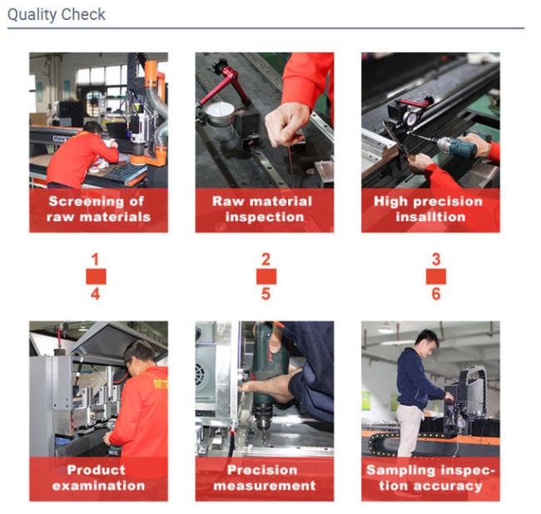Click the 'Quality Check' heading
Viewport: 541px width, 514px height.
click(57, 15)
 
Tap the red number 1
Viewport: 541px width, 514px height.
click(95, 259)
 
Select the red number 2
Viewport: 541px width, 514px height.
click(266, 259)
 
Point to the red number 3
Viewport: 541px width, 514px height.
click(436, 259)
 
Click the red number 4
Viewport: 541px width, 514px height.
click(96, 294)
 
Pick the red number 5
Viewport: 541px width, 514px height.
click(266, 294)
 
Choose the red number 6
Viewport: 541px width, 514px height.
click(436, 294)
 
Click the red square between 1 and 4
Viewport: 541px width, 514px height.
click(96, 276)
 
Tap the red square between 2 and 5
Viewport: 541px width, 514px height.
click(266, 276)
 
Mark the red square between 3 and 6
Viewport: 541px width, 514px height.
click(436, 276)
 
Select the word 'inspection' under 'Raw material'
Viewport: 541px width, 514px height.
click(265, 217)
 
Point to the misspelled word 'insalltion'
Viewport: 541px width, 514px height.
click(430, 217)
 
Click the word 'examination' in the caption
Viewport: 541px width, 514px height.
click(99, 486)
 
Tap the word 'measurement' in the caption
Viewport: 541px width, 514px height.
click(265, 486)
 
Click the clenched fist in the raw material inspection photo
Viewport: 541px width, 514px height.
click(285, 125)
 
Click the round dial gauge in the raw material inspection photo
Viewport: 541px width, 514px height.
click(220, 114)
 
